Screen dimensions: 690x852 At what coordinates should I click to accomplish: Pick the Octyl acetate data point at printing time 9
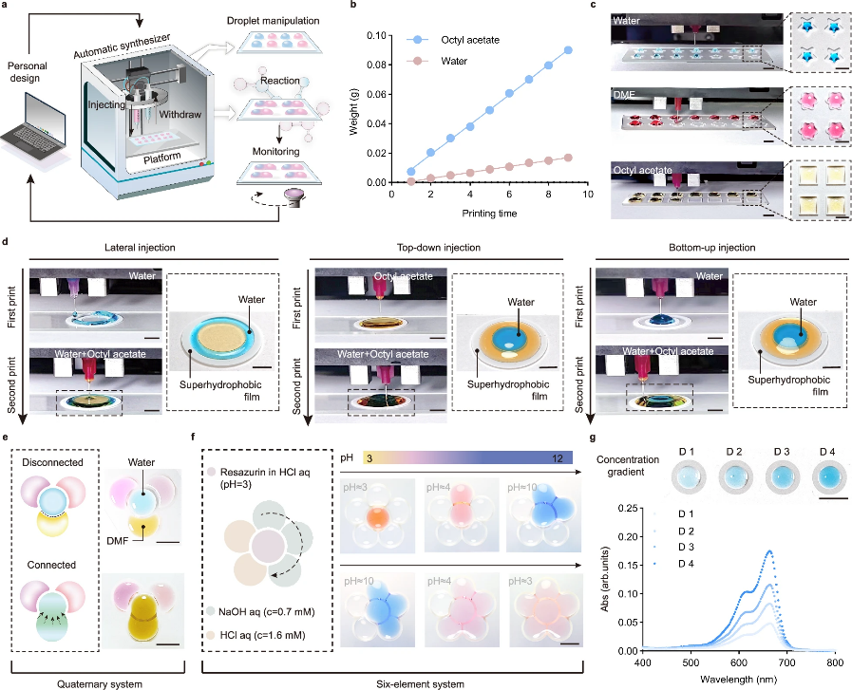coord(567,50)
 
